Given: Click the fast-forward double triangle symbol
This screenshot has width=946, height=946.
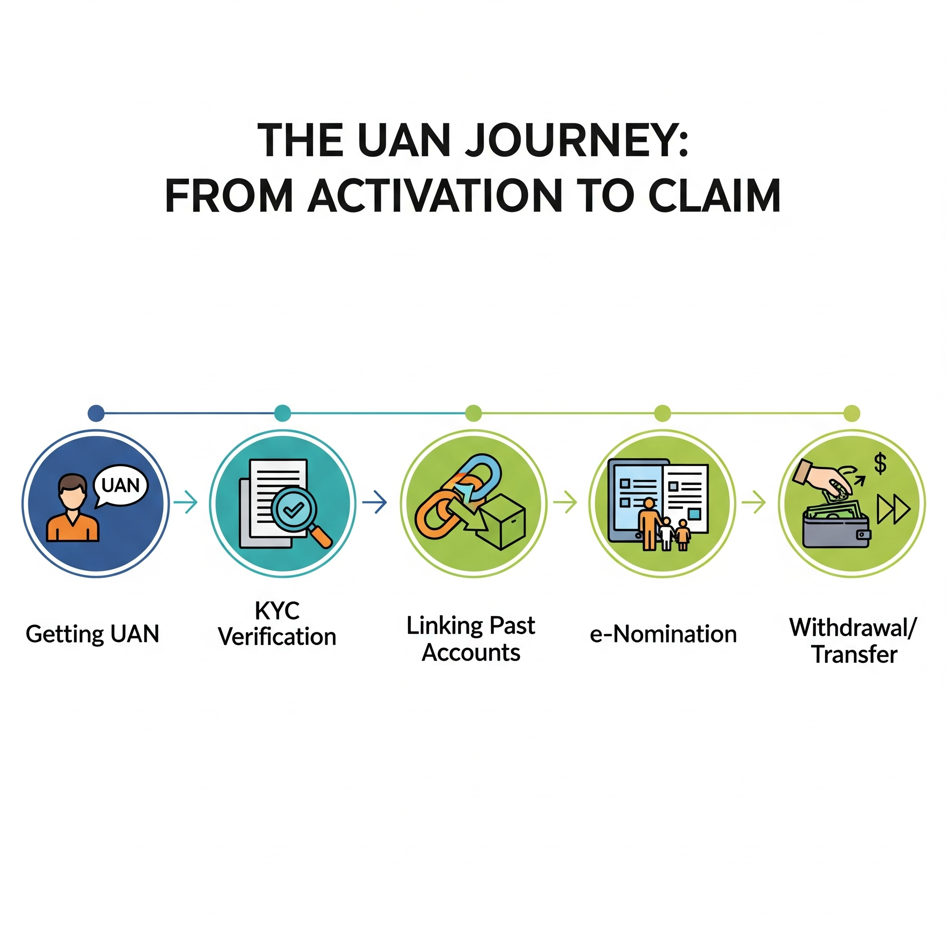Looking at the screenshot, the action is tap(893, 509).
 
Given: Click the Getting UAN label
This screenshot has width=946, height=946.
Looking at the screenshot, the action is tap(92, 634).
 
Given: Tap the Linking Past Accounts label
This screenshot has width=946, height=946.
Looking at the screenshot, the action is tap(471, 639).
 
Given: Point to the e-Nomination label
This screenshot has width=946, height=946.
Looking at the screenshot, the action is tap(663, 635).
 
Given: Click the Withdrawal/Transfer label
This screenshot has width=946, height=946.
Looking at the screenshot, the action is tap(853, 641).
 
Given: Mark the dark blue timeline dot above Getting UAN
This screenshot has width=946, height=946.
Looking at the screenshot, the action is tap(96, 413).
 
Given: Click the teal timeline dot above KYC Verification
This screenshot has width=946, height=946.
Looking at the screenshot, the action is tap(283, 413).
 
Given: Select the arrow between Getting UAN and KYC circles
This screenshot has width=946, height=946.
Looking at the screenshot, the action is tap(186, 503).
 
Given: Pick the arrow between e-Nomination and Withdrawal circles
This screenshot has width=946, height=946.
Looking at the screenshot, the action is tap(754, 503).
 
